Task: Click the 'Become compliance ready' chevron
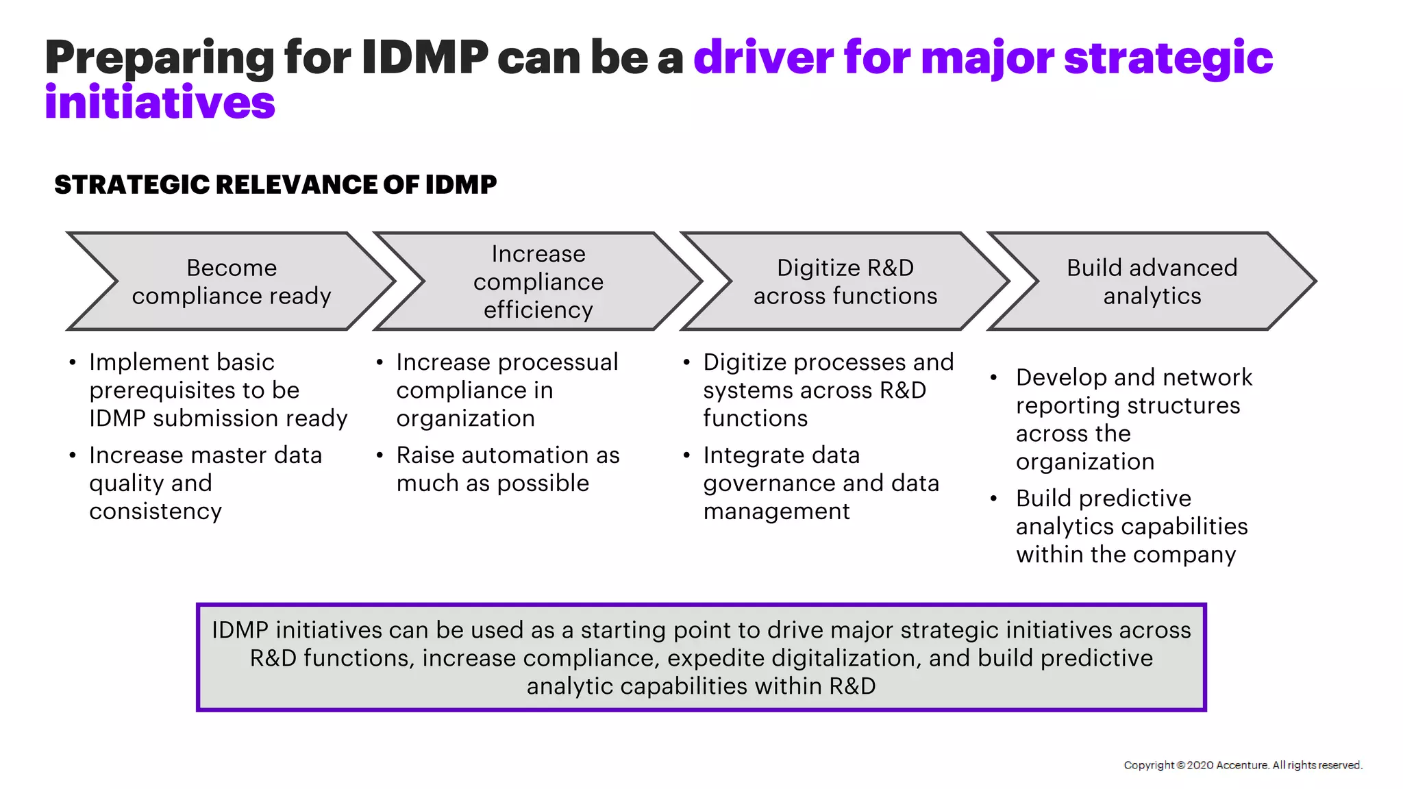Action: click(232, 281)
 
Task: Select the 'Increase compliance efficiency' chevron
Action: click(538, 281)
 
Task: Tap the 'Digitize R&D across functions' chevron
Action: click(845, 281)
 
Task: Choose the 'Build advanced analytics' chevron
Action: click(1152, 281)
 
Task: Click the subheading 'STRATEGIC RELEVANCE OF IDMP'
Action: click(275, 185)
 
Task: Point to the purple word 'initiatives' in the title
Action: click(160, 103)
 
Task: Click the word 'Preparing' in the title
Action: click(159, 58)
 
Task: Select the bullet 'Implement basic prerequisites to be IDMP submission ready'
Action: click(218, 390)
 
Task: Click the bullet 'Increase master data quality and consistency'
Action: click(206, 484)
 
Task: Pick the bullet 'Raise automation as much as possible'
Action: click(507, 469)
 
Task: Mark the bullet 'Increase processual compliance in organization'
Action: click(507, 390)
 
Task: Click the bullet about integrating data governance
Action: click(821, 484)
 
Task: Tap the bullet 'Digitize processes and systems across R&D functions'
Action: click(828, 390)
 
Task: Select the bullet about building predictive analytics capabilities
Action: click(1132, 527)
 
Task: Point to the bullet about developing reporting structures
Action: click(1133, 419)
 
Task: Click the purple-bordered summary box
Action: click(701, 657)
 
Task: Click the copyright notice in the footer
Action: click(1243, 765)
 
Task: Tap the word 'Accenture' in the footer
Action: click(1241, 765)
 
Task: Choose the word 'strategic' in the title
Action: click(1168, 58)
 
